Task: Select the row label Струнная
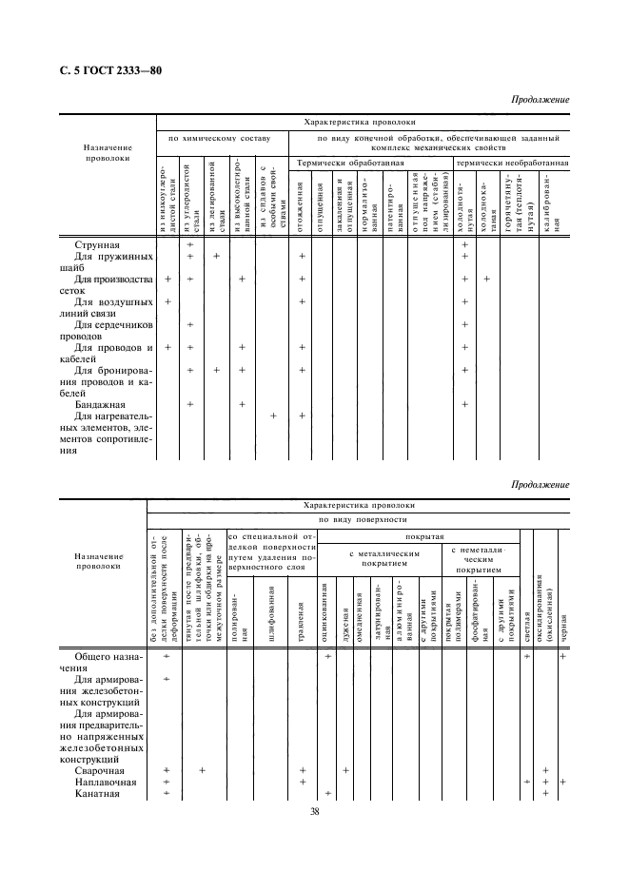point(98,244)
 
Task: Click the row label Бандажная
point(101,404)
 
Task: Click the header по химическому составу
point(220,139)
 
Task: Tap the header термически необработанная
point(513,164)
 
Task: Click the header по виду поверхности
point(357,521)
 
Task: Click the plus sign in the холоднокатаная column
point(486,279)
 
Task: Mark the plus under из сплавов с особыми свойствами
point(273,416)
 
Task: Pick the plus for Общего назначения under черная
point(562,656)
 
